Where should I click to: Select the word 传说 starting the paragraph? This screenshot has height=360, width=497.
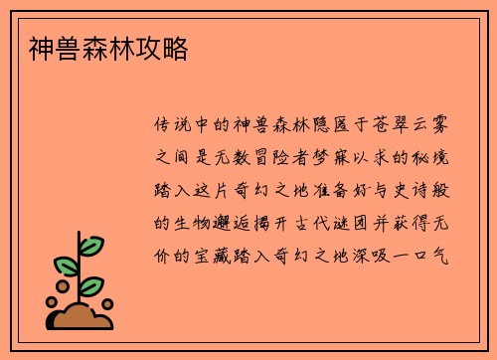point(175,126)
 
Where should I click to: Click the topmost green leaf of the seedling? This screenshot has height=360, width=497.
point(90,245)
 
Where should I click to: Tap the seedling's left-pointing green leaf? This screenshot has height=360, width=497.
point(65,266)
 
